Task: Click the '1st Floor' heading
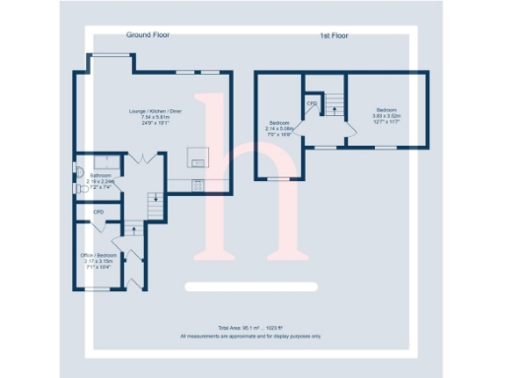(333, 35)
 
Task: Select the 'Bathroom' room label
(101, 176)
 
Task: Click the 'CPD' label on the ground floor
(99, 212)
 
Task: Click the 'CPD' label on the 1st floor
(312, 102)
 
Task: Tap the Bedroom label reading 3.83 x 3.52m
(385, 109)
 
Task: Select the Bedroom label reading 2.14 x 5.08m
(279, 124)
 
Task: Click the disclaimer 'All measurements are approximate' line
(252, 336)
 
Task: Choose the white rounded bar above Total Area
(252, 286)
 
